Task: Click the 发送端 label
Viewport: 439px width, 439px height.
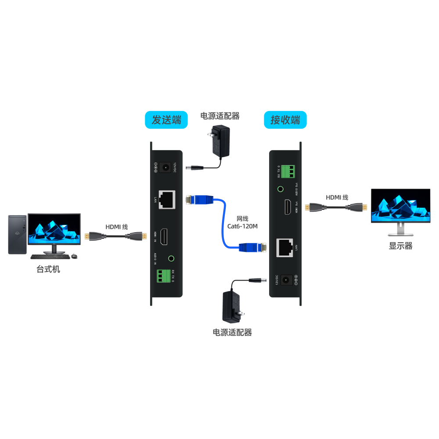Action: (166, 120)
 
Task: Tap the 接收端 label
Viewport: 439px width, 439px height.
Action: (285, 120)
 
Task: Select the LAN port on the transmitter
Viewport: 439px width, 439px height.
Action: (167, 199)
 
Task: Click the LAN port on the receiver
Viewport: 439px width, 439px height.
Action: (284, 248)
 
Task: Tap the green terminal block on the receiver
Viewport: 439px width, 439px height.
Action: (288, 171)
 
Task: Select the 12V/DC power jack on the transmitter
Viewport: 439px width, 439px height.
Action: (166, 167)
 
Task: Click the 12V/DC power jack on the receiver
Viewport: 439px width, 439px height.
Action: (286, 279)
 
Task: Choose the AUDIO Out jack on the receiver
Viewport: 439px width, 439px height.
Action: (280, 190)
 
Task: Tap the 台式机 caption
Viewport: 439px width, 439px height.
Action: (48, 269)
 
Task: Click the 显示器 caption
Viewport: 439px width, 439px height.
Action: (400, 246)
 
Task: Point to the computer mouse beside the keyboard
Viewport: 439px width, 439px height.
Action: (74, 256)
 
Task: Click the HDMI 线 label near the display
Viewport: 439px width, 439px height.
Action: (337, 198)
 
